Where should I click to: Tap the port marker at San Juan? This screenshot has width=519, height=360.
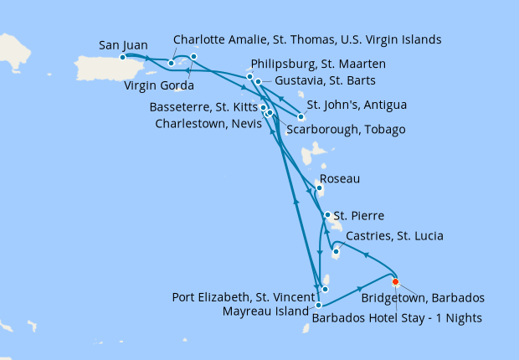(123, 57)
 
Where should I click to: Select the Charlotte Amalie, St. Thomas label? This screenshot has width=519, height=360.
(306, 39)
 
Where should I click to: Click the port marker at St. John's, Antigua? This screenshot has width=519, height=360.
(301, 117)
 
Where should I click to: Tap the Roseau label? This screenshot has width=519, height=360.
(339, 179)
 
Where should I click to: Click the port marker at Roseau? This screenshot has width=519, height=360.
(319, 188)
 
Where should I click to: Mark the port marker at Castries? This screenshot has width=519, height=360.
(336, 250)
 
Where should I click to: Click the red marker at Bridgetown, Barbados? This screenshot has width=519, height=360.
(395, 281)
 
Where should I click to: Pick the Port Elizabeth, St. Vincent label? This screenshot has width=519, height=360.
(244, 296)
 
